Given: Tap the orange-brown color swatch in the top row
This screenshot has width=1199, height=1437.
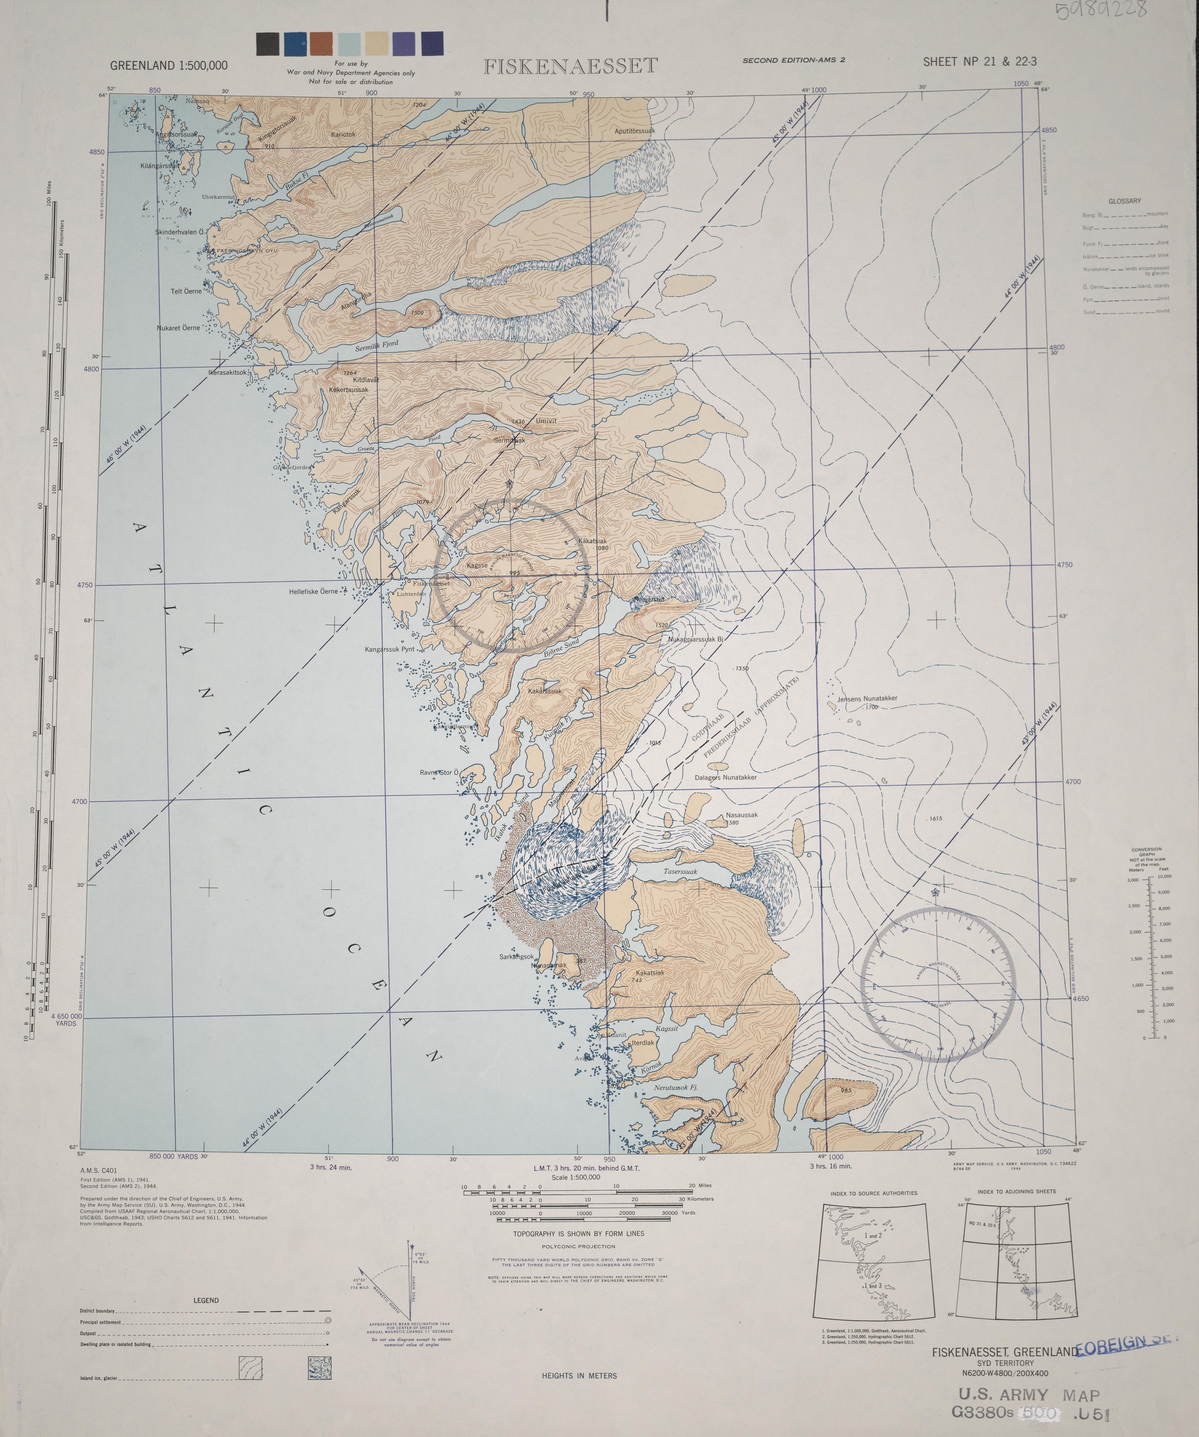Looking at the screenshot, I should tap(321, 44).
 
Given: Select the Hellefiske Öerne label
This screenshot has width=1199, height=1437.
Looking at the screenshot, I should tap(313, 591).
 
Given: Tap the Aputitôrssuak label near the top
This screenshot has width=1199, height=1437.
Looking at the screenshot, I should tap(634, 131).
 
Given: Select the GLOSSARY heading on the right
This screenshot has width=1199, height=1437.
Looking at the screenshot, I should tap(1124, 201).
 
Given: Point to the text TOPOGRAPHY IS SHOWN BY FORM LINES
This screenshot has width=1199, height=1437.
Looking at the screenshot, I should tap(578, 1233).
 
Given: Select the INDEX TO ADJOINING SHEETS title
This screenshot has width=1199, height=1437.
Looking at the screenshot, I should tap(1016, 1191).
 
